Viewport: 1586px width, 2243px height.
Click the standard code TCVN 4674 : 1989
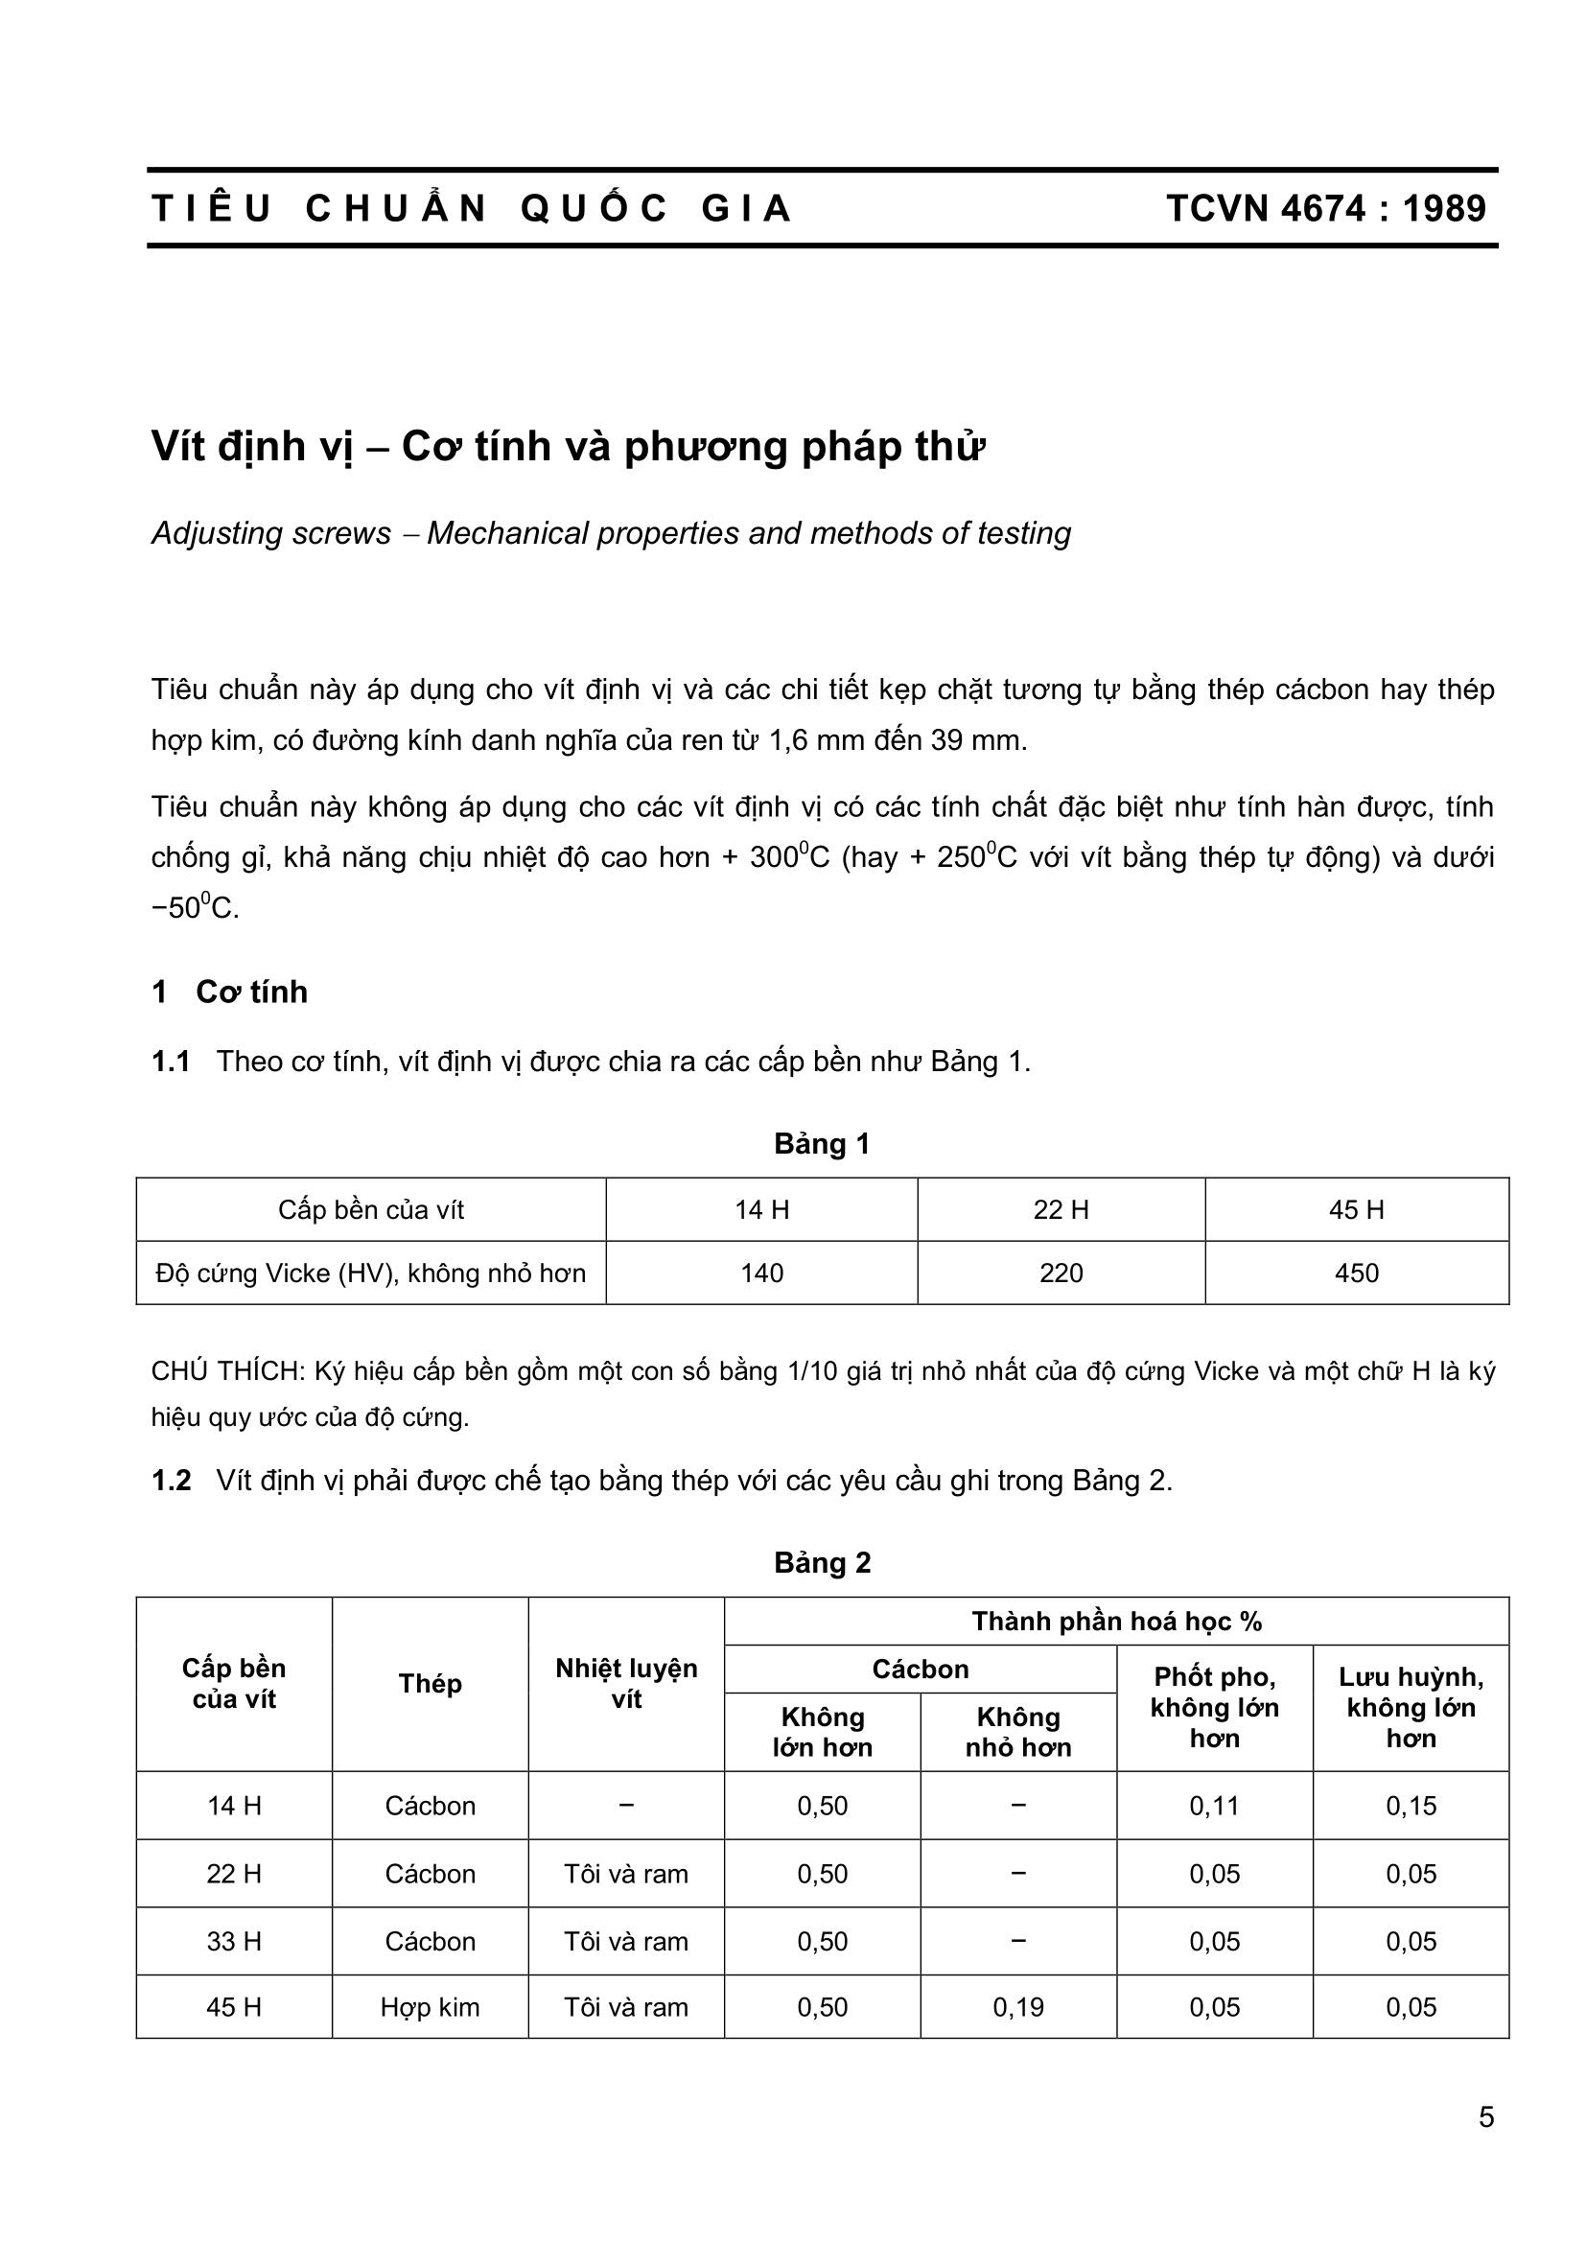coord(1325,209)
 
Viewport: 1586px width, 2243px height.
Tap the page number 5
coord(1485,2117)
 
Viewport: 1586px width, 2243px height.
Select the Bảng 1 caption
coord(822,1144)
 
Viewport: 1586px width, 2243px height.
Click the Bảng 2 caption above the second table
coord(822,1563)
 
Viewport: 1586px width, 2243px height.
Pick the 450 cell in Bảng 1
coord(1356,1273)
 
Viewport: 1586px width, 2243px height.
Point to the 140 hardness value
coord(760,1273)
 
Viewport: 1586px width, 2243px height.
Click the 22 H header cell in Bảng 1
coord(1061,1210)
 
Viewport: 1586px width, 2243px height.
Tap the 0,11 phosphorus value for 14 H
coord(1214,1806)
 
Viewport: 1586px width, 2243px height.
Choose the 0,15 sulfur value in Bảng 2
coord(1411,1806)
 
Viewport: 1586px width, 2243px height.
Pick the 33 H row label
coord(233,1941)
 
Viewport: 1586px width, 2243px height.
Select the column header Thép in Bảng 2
coord(430,1683)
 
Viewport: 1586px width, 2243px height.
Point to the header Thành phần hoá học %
coord(1116,1622)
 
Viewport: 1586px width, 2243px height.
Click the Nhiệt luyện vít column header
coord(626,1683)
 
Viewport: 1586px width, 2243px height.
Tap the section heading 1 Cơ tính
coord(230,992)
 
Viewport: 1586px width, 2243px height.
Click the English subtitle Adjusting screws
coord(270,533)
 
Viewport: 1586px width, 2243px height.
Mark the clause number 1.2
coord(171,1481)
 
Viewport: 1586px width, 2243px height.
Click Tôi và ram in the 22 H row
coord(626,1874)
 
